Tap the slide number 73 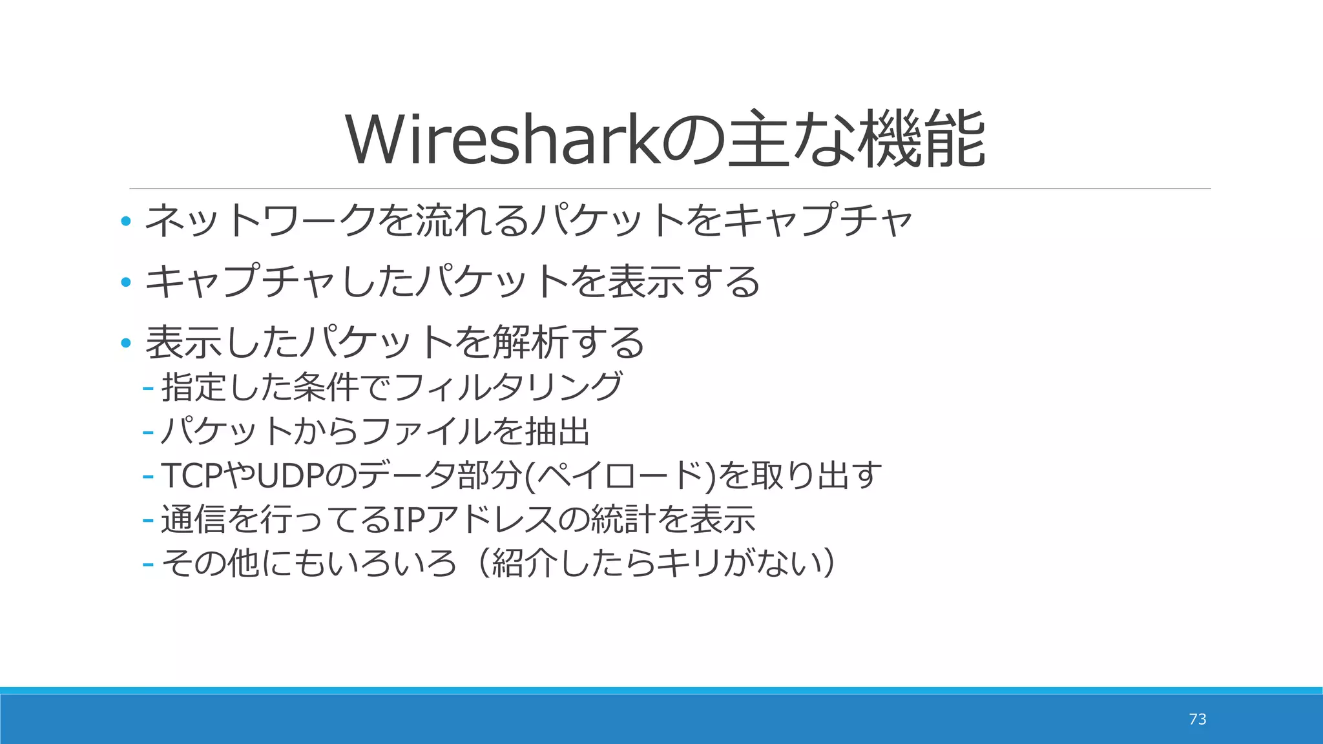point(1197,719)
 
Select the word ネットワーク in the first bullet point(260,220)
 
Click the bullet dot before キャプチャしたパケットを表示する point(126,282)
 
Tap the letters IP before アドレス point(404,520)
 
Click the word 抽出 point(557,431)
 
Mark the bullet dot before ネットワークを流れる point(126,222)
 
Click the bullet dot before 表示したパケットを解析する point(126,343)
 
